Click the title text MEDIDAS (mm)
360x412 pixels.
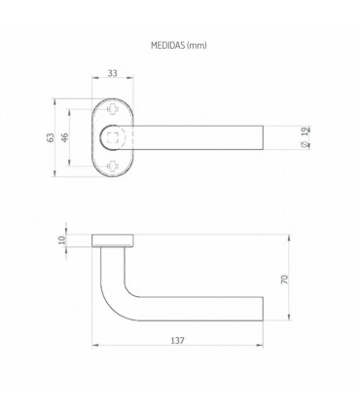179,45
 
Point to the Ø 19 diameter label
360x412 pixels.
279,138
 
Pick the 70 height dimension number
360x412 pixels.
284,278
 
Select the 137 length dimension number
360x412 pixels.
178,340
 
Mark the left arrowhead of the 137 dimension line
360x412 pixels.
94,348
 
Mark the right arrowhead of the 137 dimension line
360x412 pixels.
263,348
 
